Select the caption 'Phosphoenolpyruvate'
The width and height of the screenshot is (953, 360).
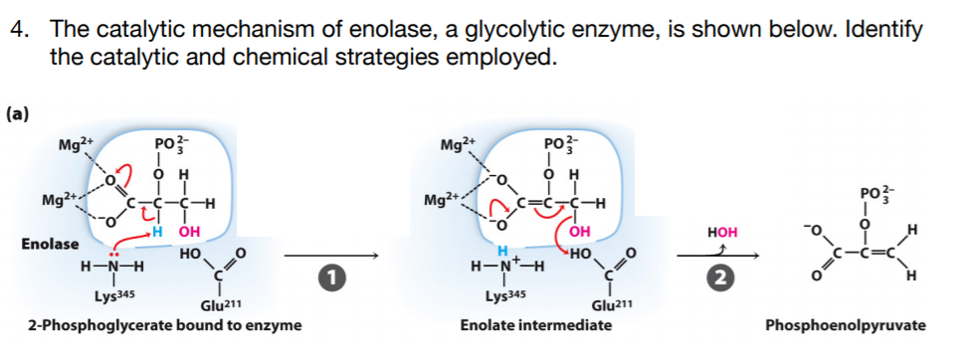846,324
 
